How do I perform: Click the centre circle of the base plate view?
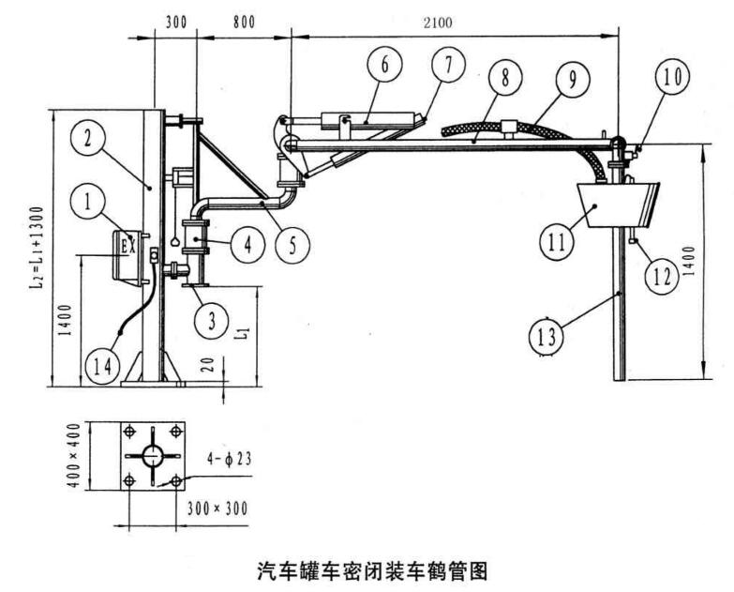(x=152, y=456)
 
